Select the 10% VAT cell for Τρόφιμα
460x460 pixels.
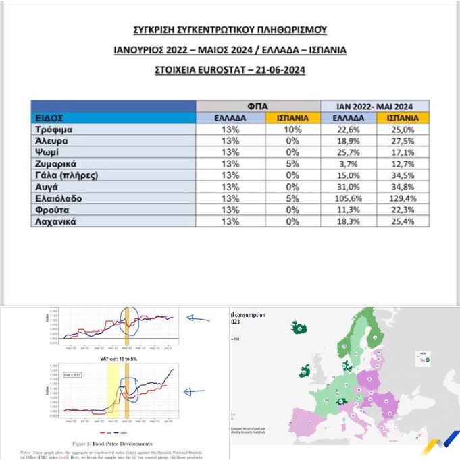pos(292,130)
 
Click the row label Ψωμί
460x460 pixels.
pos(49,152)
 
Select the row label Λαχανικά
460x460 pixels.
pos(58,222)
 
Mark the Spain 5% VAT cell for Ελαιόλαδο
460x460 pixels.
pos(292,199)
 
